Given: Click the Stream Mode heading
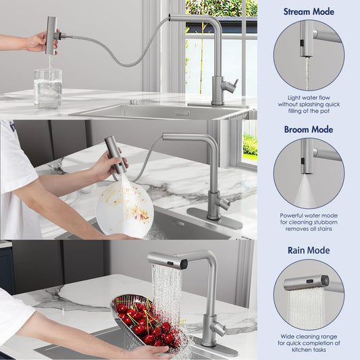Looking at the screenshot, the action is (x=309, y=11).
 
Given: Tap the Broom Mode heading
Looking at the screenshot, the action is (x=309, y=130).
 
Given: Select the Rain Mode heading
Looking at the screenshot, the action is (x=309, y=251).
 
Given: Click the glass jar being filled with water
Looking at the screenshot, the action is (x=48, y=88).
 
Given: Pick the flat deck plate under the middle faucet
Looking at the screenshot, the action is (x=215, y=218).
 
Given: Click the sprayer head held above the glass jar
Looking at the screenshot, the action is (x=51, y=35).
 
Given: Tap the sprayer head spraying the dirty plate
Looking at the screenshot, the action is (x=115, y=155).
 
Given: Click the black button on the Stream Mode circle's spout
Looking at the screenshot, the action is (x=302, y=43).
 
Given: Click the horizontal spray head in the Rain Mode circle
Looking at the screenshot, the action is (x=306, y=282).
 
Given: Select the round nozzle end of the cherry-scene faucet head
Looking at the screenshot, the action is (x=184, y=264).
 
